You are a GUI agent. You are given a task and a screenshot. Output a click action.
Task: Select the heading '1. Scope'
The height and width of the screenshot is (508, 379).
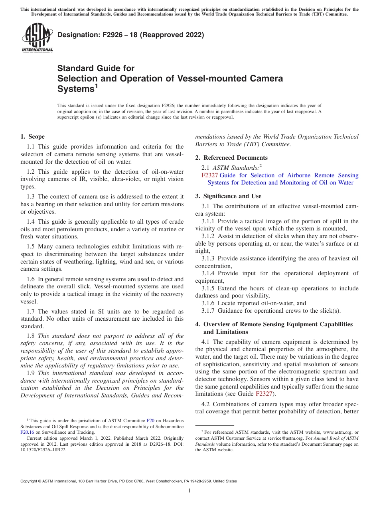click(x=32, y=137)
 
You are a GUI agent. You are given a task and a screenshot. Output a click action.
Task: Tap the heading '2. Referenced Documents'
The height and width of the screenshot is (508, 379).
click(x=231, y=158)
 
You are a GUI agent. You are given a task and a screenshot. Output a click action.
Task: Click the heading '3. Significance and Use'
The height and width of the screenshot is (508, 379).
click(x=228, y=196)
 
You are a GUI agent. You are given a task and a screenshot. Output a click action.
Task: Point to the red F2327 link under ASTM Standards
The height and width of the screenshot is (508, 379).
click(x=209, y=175)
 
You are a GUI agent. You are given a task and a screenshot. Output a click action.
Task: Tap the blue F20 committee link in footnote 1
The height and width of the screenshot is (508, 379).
click(x=150, y=421)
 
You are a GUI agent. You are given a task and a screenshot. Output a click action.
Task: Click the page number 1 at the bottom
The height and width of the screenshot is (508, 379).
click(x=189, y=491)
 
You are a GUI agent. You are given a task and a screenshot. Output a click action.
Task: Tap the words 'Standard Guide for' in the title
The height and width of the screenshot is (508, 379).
click(x=96, y=68)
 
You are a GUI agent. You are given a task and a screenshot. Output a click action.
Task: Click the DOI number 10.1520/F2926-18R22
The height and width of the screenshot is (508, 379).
click(x=44, y=449)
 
